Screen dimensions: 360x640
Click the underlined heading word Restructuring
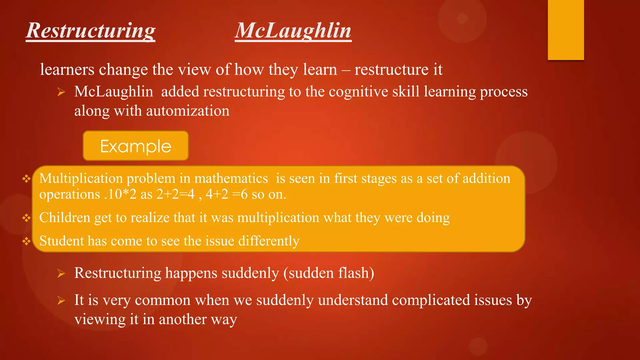(91, 31)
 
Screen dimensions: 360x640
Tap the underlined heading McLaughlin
(293, 31)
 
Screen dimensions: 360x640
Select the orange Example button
(136, 146)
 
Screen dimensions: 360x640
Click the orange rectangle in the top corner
(566, 30)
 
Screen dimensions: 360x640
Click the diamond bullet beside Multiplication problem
(27, 179)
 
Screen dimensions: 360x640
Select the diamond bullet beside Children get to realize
(27, 218)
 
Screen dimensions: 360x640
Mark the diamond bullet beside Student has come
(27, 241)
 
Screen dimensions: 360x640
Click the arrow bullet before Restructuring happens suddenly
(61, 274)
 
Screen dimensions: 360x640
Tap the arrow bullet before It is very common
(61, 301)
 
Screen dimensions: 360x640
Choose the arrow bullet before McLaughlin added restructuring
(61, 92)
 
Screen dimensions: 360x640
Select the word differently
(269, 241)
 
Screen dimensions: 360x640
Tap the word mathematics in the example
(231, 178)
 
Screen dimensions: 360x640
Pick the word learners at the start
(67, 69)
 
